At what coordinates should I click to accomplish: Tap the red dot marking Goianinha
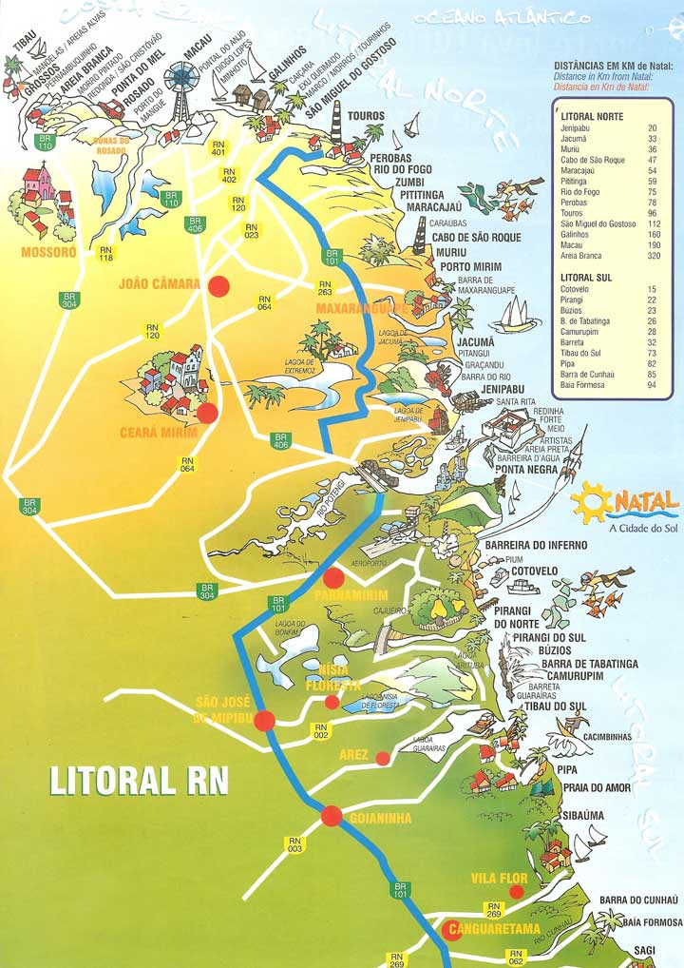pyautogui.click(x=331, y=815)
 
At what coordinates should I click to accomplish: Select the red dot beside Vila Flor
pyautogui.click(x=516, y=891)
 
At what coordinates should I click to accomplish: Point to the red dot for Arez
pyautogui.click(x=382, y=758)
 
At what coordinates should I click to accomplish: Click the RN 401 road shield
pyautogui.click(x=218, y=148)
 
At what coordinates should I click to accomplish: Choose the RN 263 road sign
pyautogui.click(x=325, y=288)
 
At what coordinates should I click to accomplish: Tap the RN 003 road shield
pyautogui.click(x=294, y=844)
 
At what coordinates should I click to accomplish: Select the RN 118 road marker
pyautogui.click(x=106, y=254)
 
